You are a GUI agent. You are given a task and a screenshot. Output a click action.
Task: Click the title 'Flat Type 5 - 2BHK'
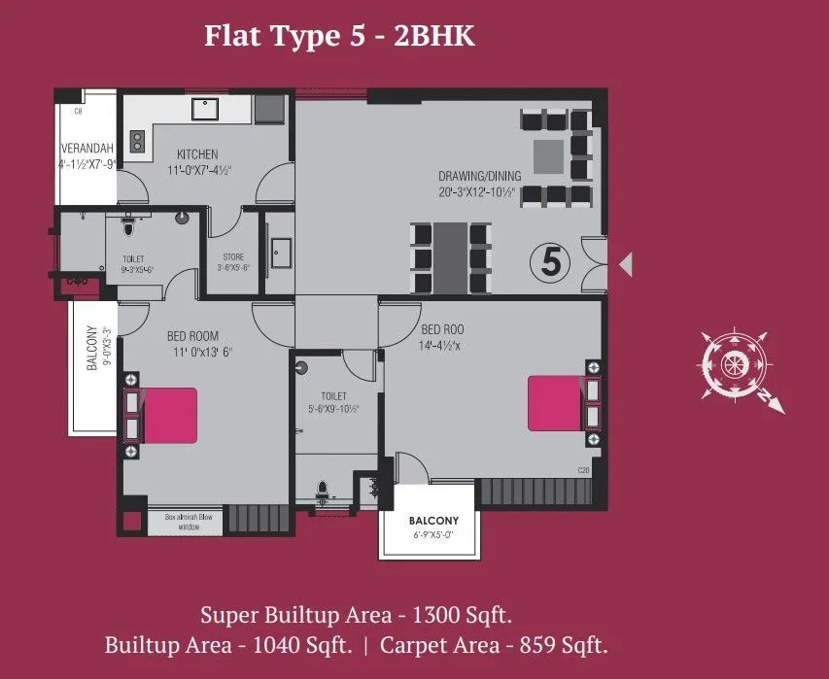[x=339, y=36]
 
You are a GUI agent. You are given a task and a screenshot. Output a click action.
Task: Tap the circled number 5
[x=550, y=262]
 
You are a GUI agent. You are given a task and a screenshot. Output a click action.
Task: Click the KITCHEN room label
[x=197, y=154]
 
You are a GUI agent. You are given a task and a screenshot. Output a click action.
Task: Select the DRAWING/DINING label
[x=479, y=176]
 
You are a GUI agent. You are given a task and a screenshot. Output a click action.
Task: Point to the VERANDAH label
[x=87, y=148]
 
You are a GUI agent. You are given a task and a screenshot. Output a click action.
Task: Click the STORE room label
[x=232, y=256]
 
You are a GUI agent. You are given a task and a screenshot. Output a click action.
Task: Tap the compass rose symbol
[x=733, y=364]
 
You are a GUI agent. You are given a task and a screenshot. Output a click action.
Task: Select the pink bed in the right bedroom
[x=556, y=403]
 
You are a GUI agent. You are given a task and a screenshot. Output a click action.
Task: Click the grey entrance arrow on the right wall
[x=627, y=262]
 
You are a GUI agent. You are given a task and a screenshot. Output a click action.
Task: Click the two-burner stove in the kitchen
[x=137, y=142]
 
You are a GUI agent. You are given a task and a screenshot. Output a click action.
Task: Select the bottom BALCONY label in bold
[x=427, y=519]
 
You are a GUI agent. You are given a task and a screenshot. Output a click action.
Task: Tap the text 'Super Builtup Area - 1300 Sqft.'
[x=356, y=615]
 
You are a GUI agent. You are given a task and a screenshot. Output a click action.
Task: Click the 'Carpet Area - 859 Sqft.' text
[x=495, y=644]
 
